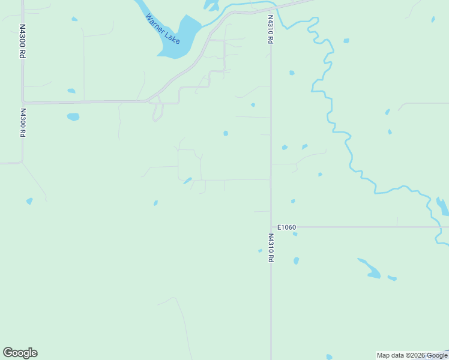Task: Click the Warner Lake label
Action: (x=163, y=28)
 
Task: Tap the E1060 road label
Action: (x=287, y=227)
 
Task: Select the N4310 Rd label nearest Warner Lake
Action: (x=271, y=29)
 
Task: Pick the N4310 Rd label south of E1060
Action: (x=271, y=248)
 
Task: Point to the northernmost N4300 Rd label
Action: (x=22, y=41)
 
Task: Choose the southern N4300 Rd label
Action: (x=23, y=123)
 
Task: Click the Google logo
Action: (x=20, y=353)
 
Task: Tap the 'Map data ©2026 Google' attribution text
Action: (x=412, y=355)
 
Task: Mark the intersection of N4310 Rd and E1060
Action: (x=271, y=227)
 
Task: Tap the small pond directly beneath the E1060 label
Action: (x=295, y=234)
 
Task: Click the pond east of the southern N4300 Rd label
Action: (x=73, y=117)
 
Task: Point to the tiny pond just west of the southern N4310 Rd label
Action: (x=260, y=251)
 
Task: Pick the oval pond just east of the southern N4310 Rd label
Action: (x=296, y=261)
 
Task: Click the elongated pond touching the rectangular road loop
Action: (x=188, y=180)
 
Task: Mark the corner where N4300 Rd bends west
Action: (x=22, y=161)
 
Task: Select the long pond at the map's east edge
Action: (x=442, y=207)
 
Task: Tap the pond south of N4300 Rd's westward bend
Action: (x=29, y=201)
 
